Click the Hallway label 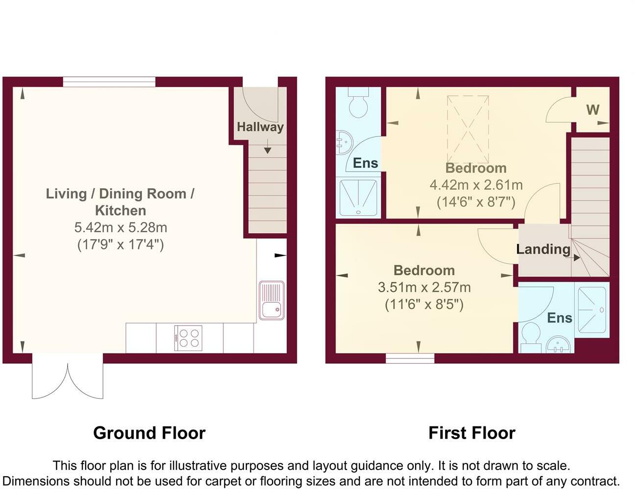point(260,127)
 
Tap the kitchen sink point(271,300)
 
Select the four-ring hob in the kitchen point(188,338)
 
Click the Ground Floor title point(149,433)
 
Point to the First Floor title point(472,433)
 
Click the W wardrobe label point(593,110)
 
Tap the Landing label point(543,249)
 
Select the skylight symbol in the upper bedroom point(468,129)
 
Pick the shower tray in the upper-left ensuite point(358,198)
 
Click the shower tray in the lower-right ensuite point(592,310)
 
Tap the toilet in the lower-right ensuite point(531,338)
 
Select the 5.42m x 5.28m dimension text point(121,227)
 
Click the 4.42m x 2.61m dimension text point(476,185)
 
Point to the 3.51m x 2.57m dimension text point(424,288)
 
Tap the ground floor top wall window point(109,82)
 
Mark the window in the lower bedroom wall point(410,358)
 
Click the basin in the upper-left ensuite point(344,143)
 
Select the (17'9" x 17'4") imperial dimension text point(121,244)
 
